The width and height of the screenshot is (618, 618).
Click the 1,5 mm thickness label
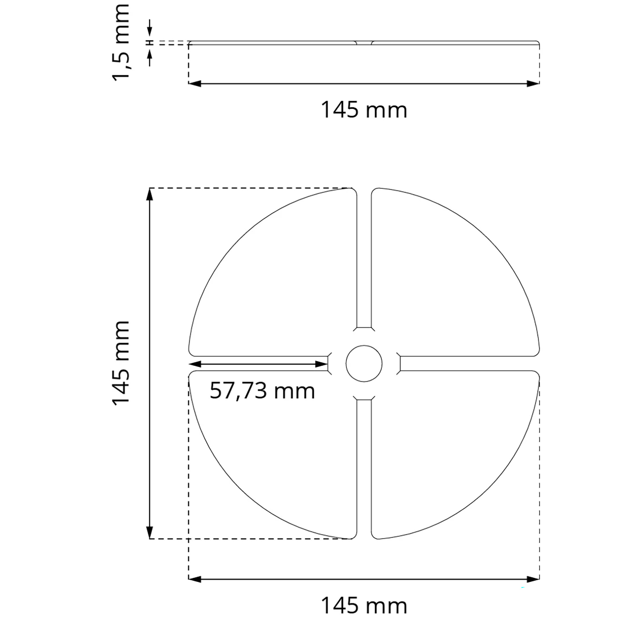coord(121,42)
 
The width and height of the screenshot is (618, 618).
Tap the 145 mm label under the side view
coord(364,110)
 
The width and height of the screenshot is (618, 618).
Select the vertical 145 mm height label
coord(121,363)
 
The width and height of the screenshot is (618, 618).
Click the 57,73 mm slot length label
coord(262,391)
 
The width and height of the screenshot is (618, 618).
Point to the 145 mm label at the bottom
coord(364,605)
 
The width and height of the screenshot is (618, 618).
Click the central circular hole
coord(364,363)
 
